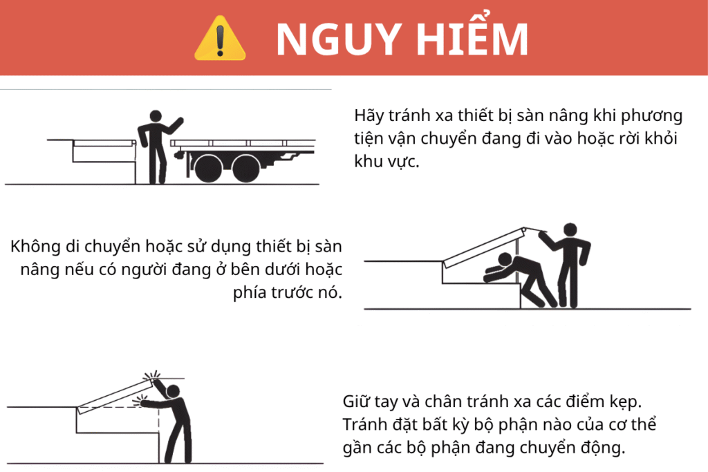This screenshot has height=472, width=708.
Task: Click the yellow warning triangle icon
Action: [220, 39]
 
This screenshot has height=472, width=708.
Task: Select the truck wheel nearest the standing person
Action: [207, 167]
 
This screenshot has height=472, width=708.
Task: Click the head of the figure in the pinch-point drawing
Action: [173, 392]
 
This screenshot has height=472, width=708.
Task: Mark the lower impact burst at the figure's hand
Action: [142, 400]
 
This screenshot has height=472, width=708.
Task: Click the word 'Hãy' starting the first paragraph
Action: [369, 115]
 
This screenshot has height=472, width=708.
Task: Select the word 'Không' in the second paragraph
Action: [33, 247]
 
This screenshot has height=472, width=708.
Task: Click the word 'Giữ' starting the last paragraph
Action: [357, 401]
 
